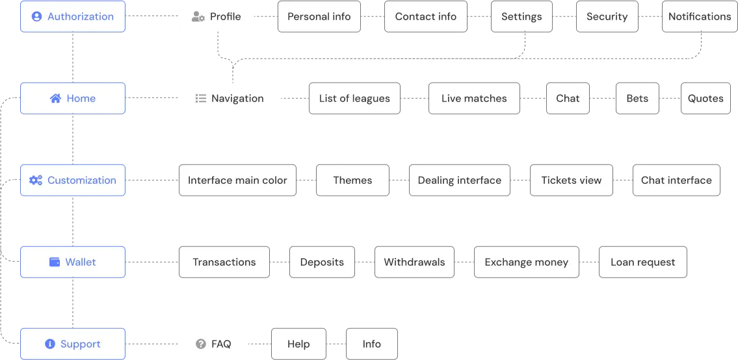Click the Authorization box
point(72,16)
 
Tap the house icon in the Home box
point(55,99)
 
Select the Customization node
point(72,180)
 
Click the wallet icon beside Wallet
point(55,263)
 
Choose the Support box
point(72,344)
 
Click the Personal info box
point(319,16)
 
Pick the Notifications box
point(699,16)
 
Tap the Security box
point(606,16)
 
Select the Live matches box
point(473,99)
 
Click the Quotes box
point(705,99)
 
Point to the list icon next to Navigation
point(201,99)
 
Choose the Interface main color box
point(237,180)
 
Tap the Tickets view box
point(571,180)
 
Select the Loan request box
point(642,263)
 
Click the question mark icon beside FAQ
point(201,344)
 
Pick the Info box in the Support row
point(371,344)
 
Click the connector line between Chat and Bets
point(603,98)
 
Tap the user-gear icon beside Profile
point(198,17)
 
